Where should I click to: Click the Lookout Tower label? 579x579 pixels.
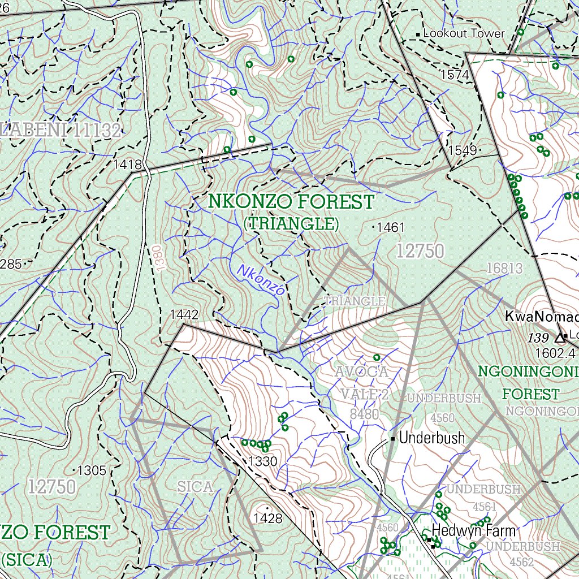click(x=464, y=33)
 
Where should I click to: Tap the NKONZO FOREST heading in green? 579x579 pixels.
click(x=291, y=202)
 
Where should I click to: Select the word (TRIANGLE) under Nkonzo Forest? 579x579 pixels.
click(x=291, y=224)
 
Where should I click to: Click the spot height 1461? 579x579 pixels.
click(x=391, y=227)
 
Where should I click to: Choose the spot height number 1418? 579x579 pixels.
click(x=128, y=165)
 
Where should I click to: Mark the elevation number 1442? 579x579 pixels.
click(x=184, y=315)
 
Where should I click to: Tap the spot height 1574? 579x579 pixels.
click(x=455, y=75)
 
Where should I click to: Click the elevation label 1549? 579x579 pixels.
click(x=462, y=150)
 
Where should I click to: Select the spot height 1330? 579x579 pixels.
click(x=263, y=461)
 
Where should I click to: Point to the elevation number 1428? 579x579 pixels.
click(x=267, y=518)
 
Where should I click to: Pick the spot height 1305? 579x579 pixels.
click(x=92, y=470)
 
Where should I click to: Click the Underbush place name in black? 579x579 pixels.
click(x=432, y=438)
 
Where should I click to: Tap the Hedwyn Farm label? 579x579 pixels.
click(x=474, y=531)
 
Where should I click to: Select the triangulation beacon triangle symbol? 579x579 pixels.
click(x=560, y=338)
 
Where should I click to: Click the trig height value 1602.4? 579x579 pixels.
click(x=555, y=353)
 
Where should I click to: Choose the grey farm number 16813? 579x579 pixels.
click(x=504, y=268)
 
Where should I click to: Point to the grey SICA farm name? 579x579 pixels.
click(x=195, y=486)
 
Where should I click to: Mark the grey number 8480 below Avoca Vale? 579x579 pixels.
click(x=364, y=414)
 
